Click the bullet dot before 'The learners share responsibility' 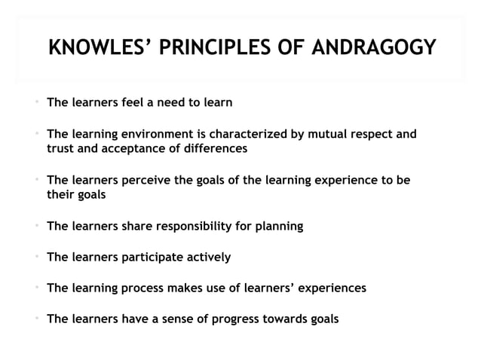(35, 225)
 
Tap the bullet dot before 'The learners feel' (35, 102)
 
